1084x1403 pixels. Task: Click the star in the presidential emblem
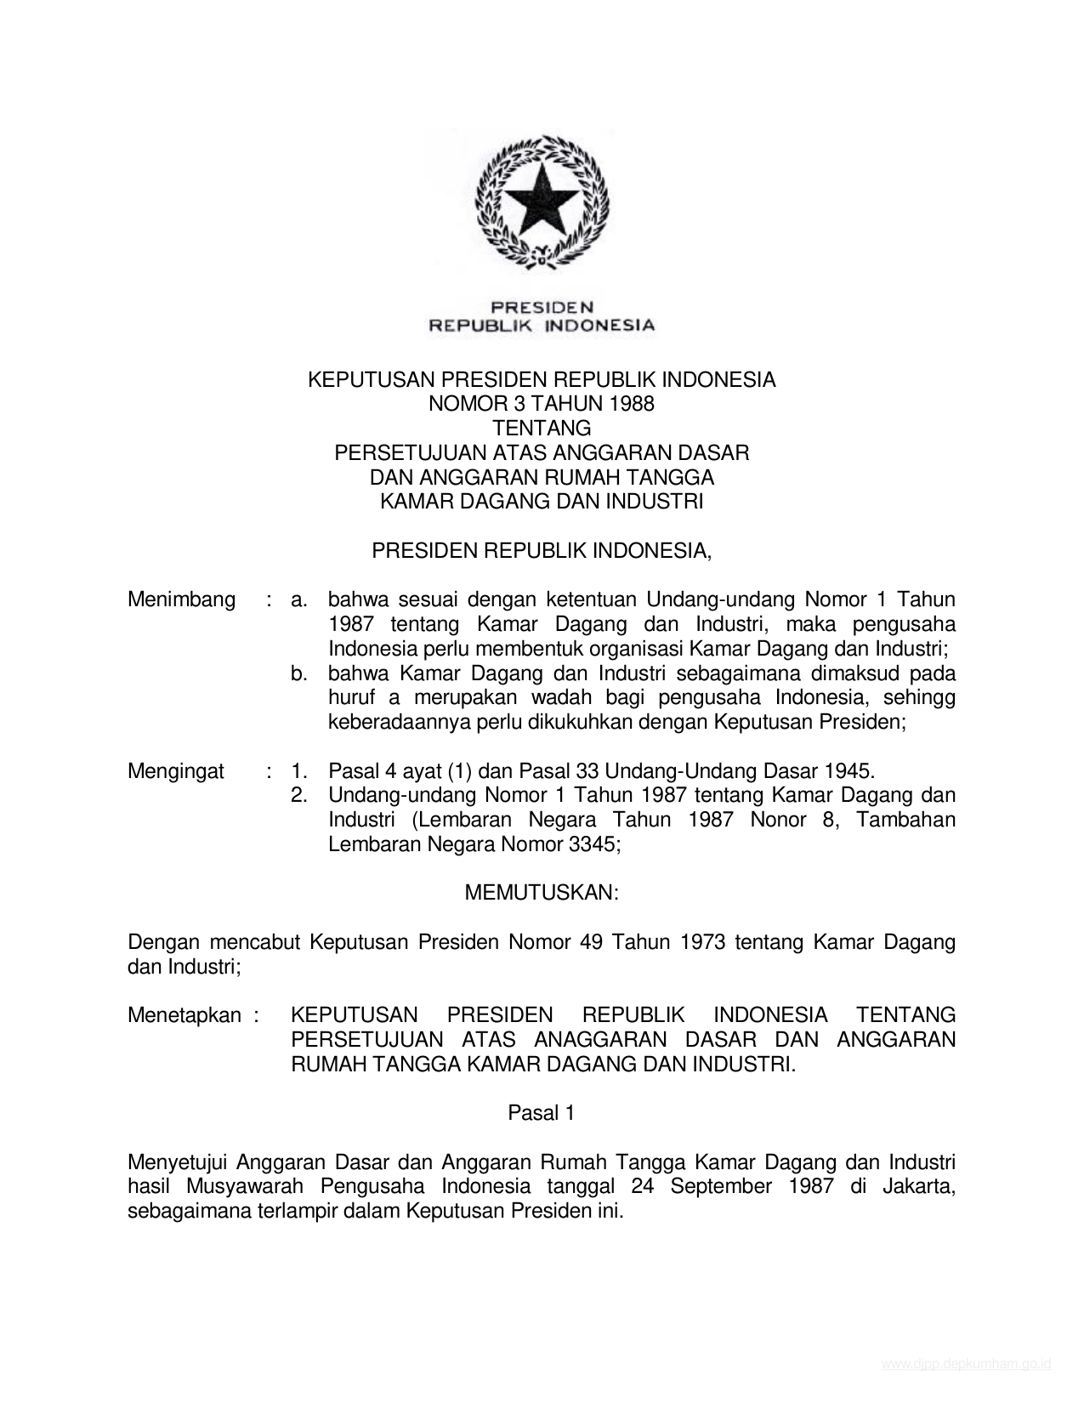tap(542, 201)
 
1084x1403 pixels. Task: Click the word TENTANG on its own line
tap(542, 429)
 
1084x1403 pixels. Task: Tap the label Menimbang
tap(181, 600)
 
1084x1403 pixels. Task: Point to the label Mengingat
tap(176, 771)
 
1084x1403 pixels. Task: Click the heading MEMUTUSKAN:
tap(542, 893)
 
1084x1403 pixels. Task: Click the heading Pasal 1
tap(542, 1113)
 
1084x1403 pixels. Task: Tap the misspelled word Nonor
tap(778, 821)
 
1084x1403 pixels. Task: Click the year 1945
tap(848, 771)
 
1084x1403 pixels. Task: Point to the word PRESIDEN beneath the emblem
tap(542, 307)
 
